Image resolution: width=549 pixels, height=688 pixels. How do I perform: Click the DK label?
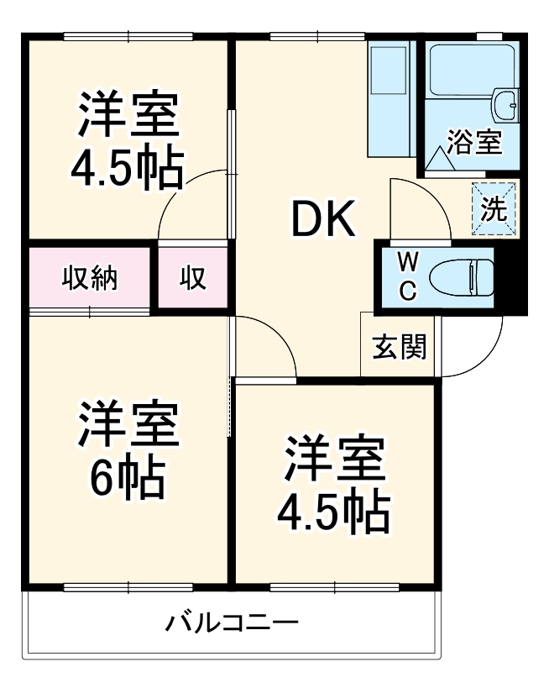coord(323,220)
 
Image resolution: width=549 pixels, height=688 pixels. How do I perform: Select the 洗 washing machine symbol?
coord(494,207)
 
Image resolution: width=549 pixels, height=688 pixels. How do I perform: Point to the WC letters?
coord(405,276)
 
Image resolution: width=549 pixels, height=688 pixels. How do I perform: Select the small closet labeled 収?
coord(192,278)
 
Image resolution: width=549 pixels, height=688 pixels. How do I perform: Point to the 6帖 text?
coord(127,477)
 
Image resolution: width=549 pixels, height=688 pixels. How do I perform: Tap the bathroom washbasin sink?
coord(506,106)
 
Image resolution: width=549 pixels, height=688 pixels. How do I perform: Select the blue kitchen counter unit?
coord(392,99)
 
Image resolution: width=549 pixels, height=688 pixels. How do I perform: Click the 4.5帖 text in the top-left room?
coord(127,168)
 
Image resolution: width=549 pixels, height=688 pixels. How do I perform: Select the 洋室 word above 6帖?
coord(128,428)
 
